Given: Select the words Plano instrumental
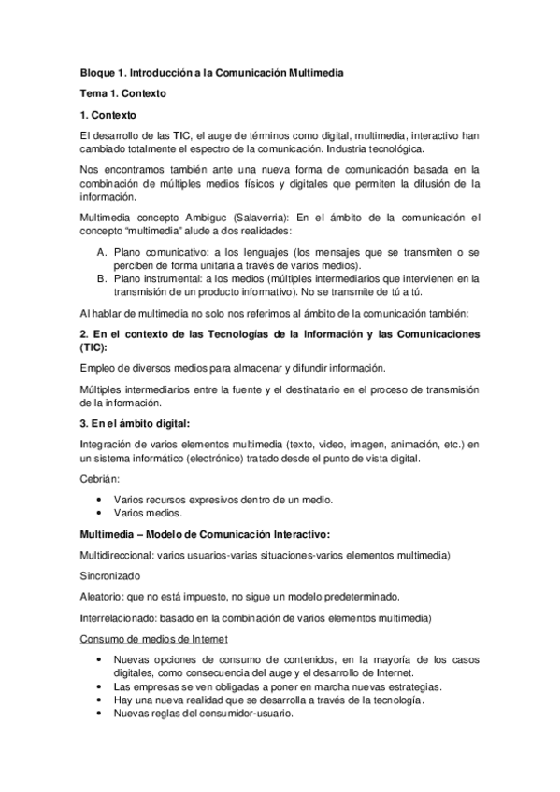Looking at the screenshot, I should [x=154, y=277].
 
